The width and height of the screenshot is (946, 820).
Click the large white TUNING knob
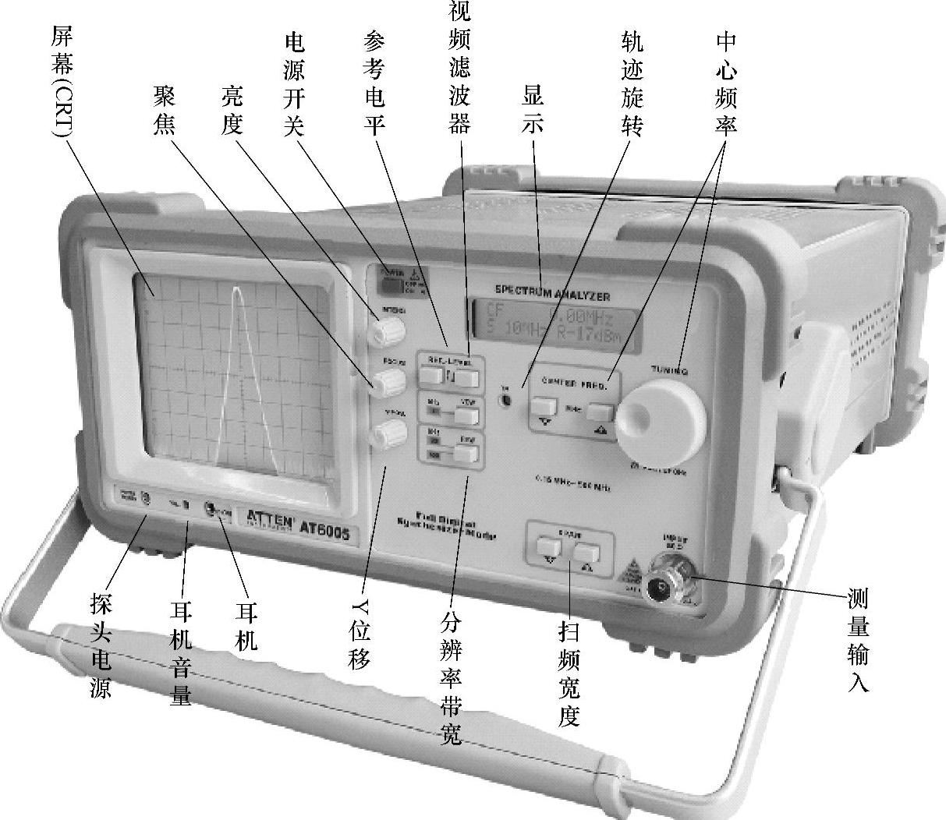[x=659, y=421]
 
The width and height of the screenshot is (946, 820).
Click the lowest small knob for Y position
[x=386, y=433]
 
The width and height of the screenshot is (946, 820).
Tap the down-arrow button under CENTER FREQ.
[x=544, y=408]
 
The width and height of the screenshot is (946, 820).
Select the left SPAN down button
[x=549, y=550]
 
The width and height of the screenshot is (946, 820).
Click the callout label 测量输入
[x=858, y=639]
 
